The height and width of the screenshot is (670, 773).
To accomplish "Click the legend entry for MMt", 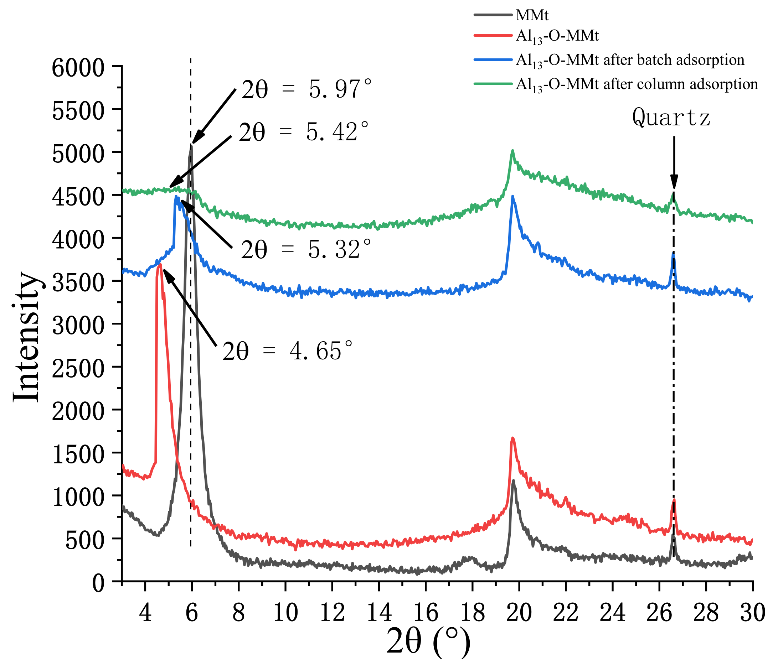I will pyautogui.click(x=532, y=15).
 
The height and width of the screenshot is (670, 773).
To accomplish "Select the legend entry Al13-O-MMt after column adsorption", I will pyautogui.click(x=637, y=84).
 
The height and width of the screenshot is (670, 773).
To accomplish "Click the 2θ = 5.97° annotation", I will pyautogui.click(x=307, y=90).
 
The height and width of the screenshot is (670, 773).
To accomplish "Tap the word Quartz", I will pyautogui.click(x=671, y=118).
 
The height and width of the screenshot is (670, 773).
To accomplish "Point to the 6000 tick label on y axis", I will pyautogui.click(x=78, y=68).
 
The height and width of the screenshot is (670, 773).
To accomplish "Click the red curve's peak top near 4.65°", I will pyautogui.click(x=160, y=264).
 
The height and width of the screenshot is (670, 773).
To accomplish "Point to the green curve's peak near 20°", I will pyautogui.click(x=512, y=151).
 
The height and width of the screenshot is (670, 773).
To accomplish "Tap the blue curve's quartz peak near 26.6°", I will pyautogui.click(x=673, y=254).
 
